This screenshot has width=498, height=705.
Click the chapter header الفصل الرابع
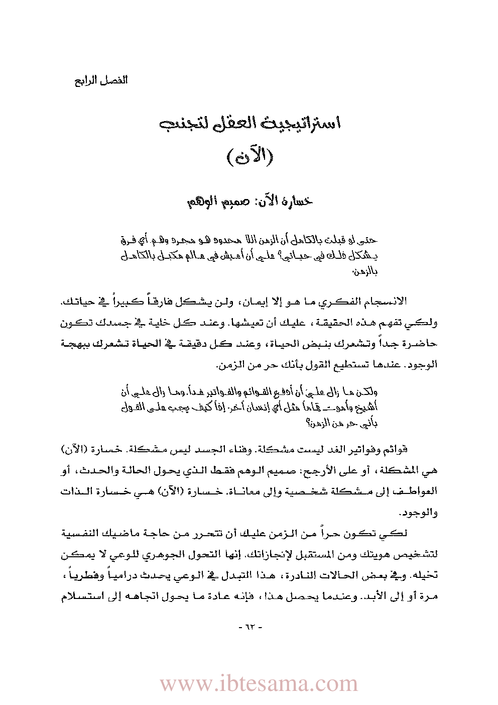pyautogui.click(x=101, y=80)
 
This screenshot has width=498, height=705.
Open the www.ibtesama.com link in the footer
pyautogui.click(x=259, y=683)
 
